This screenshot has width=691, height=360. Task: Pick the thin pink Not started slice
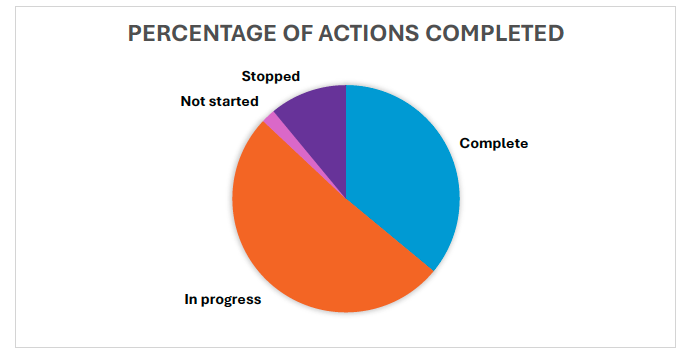pos(273,121)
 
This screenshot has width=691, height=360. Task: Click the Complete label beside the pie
pos(493,143)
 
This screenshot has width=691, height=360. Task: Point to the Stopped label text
pos(271,76)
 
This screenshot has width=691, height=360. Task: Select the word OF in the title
pos(297,33)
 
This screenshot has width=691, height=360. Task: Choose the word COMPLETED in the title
pos(494,33)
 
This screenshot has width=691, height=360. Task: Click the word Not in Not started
pos(194,101)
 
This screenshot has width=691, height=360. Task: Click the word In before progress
pos(190,299)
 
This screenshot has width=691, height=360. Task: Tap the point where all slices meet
pos(346,198)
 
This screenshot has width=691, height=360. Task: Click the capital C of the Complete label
pos(464,143)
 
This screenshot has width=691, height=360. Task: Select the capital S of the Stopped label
pos(246,76)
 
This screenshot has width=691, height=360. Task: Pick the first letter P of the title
pos(135,33)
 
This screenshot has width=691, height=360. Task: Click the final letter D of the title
pos(556,33)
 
